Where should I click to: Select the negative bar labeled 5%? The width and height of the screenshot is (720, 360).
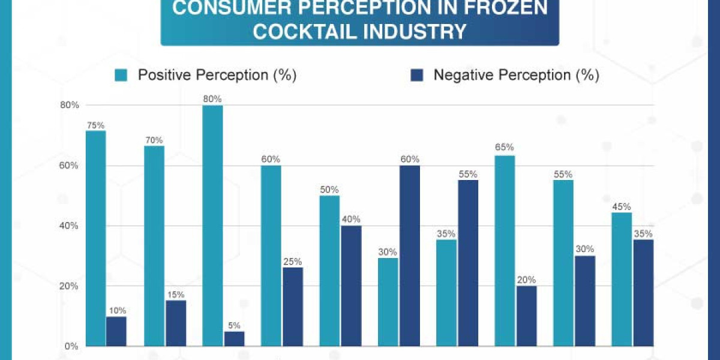pyautogui.click(x=234, y=339)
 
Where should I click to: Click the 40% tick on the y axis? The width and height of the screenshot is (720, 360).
pyautogui.click(x=70, y=226)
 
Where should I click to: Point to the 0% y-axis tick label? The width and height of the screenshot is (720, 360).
pyautogui.click(x=72, y=347)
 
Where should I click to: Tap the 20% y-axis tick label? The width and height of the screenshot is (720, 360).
pyautogui.click(x=70, y=286)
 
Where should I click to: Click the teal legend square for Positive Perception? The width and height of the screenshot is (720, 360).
pyautogui.click(x=122, y=75)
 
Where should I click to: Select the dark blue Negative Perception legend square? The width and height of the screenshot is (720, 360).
pyautogui.click(x=417, y=75)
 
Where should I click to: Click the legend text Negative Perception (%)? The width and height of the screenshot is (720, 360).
pyautogui.click(x=516, y=75)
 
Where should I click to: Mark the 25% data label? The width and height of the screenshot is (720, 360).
pyautogui.click(x=292, y=262)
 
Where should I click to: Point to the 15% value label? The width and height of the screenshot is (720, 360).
pyautogui.click(x=175, y=295)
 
